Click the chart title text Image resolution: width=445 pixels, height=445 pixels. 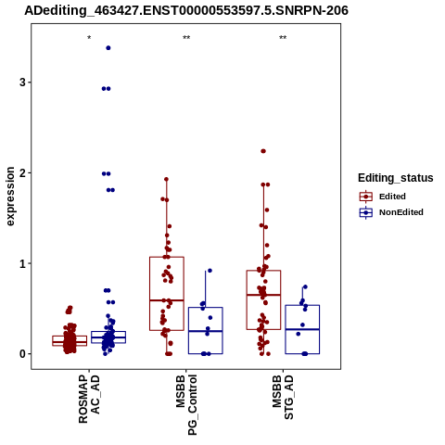tap(186, 10)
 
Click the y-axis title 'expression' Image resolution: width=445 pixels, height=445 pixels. tap(10, 197)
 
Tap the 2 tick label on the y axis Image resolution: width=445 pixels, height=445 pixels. tap(22, 173)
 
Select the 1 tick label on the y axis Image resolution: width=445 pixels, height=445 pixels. tap(22, 263)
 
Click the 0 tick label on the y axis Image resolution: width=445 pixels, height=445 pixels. tap(22, 354)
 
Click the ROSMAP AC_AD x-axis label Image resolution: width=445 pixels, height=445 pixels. tap(89, 399)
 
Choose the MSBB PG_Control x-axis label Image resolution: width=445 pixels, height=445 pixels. tap(186, 405)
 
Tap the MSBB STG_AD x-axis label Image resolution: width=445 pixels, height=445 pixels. tap(283, 398)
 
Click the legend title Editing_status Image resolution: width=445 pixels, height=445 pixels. tap(396, 178)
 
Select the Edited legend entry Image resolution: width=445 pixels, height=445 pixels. tap(382, 197)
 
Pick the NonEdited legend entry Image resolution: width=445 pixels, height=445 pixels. tap(391, 212)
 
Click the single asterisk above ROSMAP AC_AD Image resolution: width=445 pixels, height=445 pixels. tap(89, 38)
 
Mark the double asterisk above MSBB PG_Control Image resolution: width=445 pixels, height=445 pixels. tap(186, 38)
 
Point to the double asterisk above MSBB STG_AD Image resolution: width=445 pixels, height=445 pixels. tap(283, 38)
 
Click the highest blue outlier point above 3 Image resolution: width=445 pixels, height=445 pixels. tap(108, 48)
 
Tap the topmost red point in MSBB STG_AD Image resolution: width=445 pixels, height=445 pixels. tap(263, 151)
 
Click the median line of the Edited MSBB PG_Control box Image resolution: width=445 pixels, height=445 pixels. tap(167, 300)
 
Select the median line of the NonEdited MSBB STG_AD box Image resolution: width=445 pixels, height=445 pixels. tap(302, 329)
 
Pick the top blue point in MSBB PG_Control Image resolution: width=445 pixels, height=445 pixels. tap(210, 271)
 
